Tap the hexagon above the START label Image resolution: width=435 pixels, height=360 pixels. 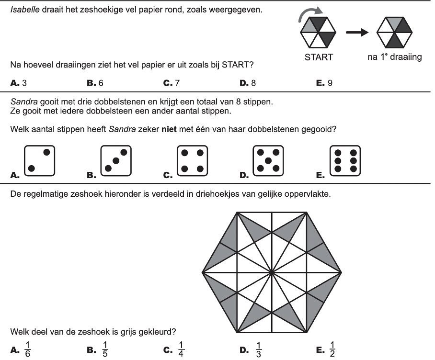[318, 33]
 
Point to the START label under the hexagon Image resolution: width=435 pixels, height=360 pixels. [319, 57]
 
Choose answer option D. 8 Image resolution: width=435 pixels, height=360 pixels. [248, 83]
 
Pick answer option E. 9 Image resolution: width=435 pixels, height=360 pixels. [325, 83]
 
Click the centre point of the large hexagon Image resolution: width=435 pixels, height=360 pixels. [272, 272]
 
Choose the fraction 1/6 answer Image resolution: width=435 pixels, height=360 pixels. [27, 349]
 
